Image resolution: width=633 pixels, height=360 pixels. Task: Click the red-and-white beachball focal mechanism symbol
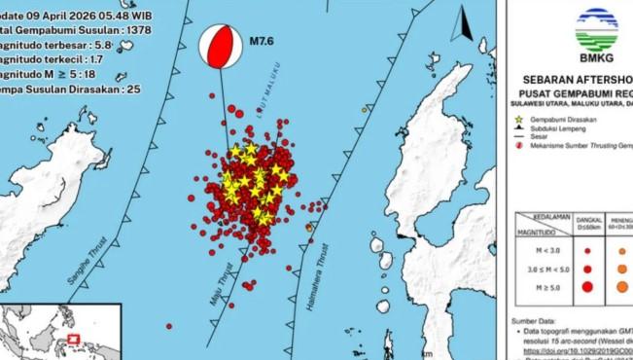(220, 47)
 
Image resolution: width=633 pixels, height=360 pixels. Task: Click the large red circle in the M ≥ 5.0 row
(588, 286)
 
